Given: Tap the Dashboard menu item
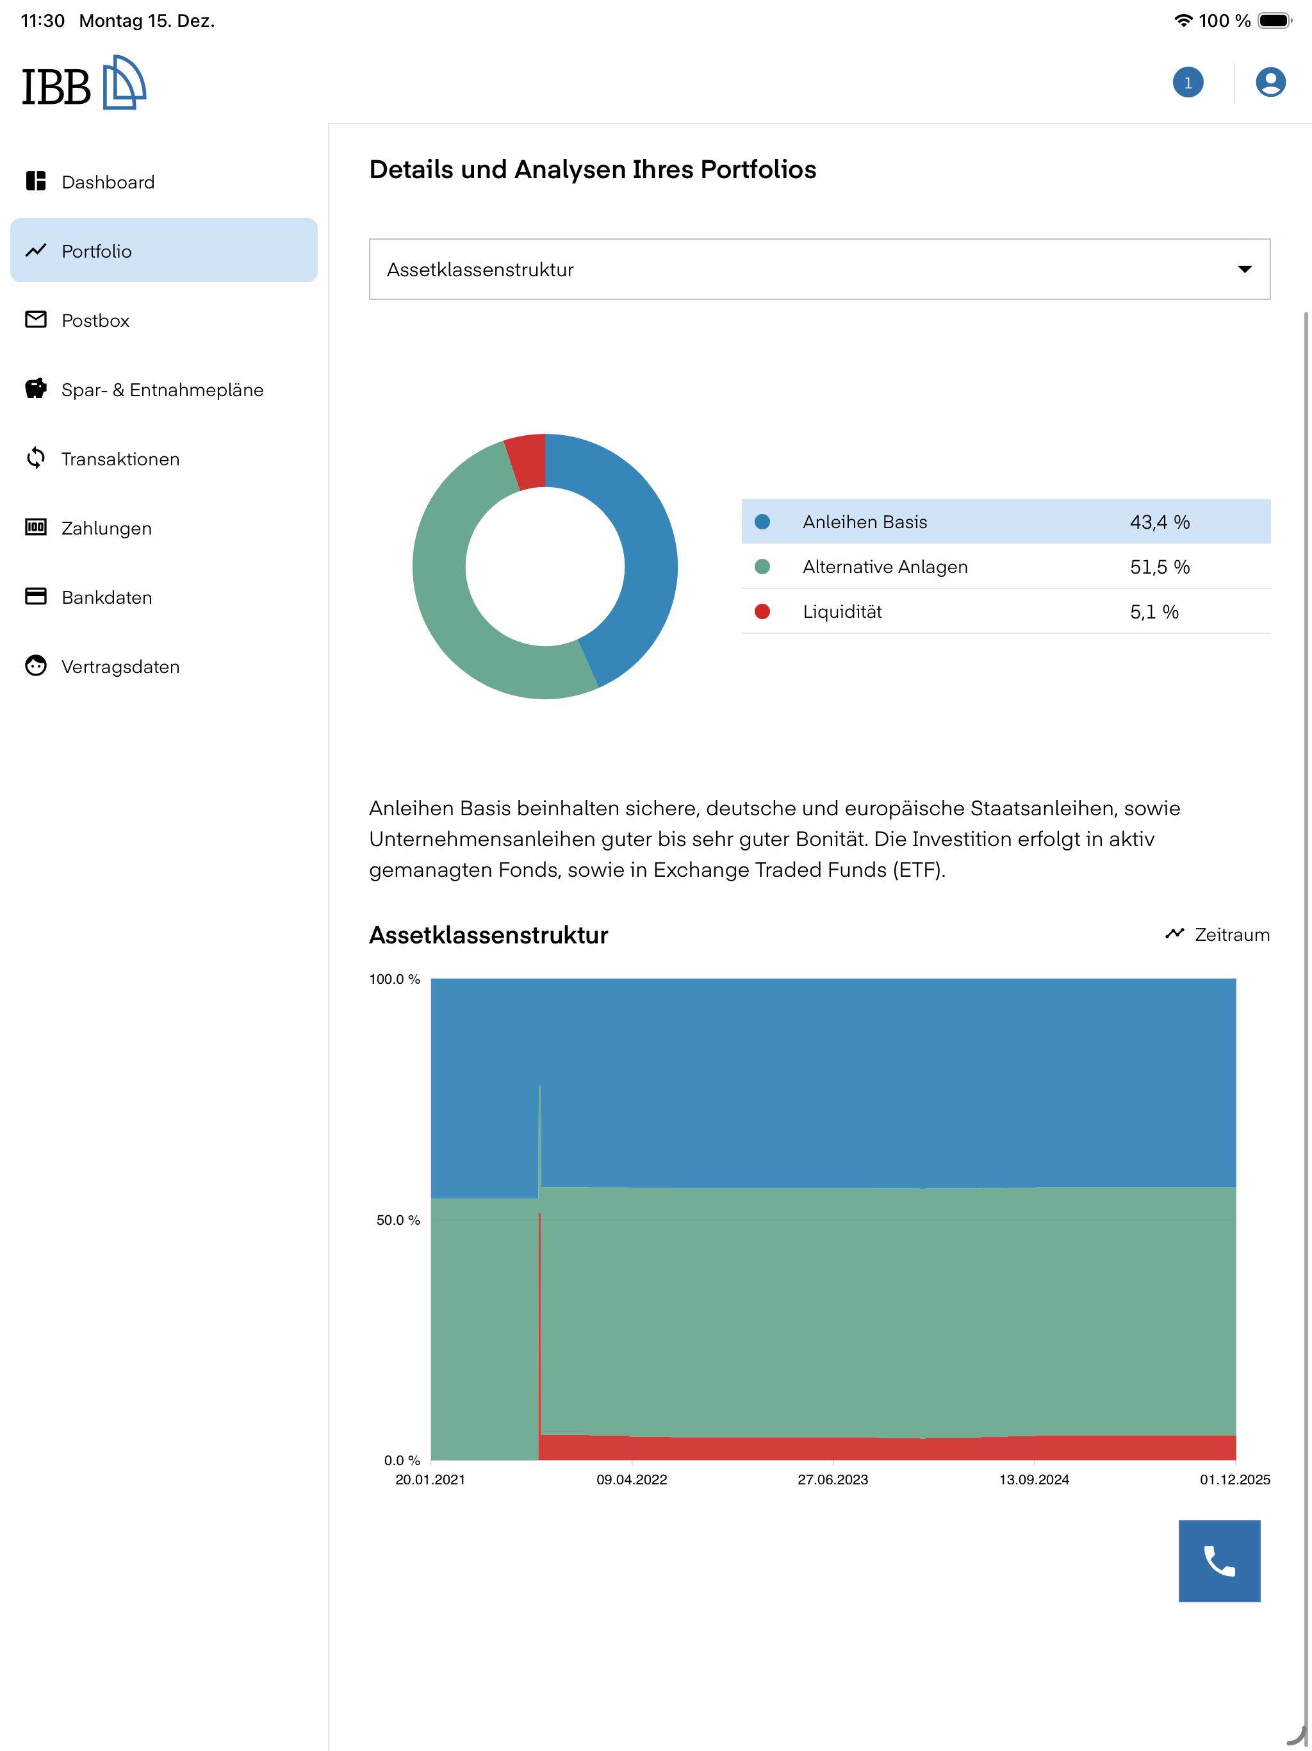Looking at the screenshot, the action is pos(108,182).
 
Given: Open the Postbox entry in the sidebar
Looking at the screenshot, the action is pos(95,320).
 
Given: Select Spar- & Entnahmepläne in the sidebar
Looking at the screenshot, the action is pos(162,390).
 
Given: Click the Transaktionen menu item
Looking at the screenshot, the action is pos(120,459).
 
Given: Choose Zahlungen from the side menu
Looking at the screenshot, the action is pos(106,528).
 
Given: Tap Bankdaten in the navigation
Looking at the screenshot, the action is pos(107,597).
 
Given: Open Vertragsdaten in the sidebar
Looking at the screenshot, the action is pos(120,667).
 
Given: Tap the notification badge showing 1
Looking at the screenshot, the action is pos(1188,82).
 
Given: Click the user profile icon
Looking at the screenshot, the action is pos(1270,82).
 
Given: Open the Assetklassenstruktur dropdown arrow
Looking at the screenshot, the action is pos(1245,269).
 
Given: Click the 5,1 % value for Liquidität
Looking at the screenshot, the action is pos(1154,612).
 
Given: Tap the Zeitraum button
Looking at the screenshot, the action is pos(1217,935).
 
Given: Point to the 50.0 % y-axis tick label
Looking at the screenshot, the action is pos(398,1220).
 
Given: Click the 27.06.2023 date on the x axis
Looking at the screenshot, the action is pos(832,1479).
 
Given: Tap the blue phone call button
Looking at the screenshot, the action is pos(1219,1561).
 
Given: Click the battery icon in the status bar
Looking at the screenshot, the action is pos(1274,21).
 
